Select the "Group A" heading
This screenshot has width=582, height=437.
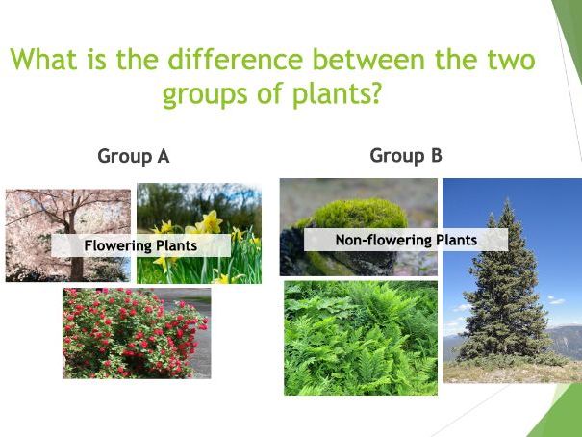pos(133,157)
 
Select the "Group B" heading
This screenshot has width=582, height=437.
pos(405,155)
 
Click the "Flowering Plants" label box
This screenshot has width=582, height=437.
pos(140,245)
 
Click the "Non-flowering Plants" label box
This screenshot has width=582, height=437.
pos(405,240)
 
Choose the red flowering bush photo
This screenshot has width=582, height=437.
pos(136,332)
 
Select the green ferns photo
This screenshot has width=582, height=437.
pos(360,337)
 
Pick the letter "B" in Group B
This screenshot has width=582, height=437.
pos(435,155)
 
